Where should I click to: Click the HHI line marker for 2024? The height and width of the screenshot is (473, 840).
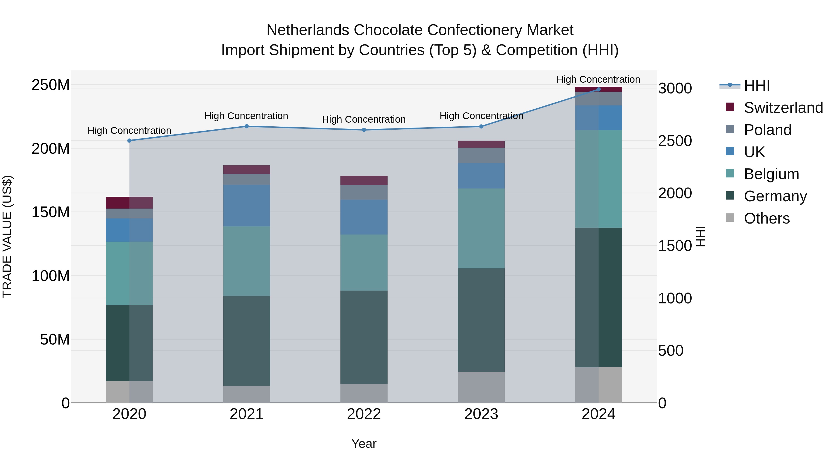tap(598, 89)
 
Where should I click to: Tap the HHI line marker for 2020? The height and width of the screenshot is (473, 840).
tap(129, 141)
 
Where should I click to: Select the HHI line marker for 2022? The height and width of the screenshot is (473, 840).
tap(364, 130)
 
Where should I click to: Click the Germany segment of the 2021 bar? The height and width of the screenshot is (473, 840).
tap(247, 341)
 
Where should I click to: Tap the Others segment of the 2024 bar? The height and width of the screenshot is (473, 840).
tap(598, 385)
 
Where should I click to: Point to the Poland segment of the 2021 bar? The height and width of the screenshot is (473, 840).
tap(247, 179)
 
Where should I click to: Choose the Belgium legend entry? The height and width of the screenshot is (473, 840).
tap(771, 174)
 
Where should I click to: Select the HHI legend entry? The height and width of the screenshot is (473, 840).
tap(756, 85)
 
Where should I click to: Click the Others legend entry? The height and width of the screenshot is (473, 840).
tap(766, 218)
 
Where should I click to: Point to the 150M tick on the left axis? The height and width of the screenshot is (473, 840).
tap(51, 212)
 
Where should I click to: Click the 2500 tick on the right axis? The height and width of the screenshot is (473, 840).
tap(675, 141)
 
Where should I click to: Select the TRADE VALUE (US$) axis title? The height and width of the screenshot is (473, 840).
tap(7, 236)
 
